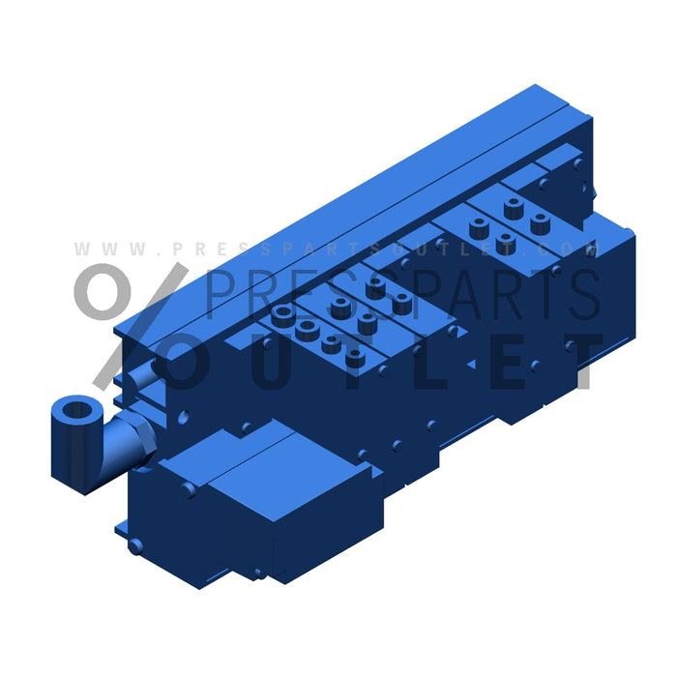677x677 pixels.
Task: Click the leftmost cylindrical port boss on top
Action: (x=282, y=314)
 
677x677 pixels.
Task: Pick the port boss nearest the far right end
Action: (x=540, y=223)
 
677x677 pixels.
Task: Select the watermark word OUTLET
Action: (x=387, y=362)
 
